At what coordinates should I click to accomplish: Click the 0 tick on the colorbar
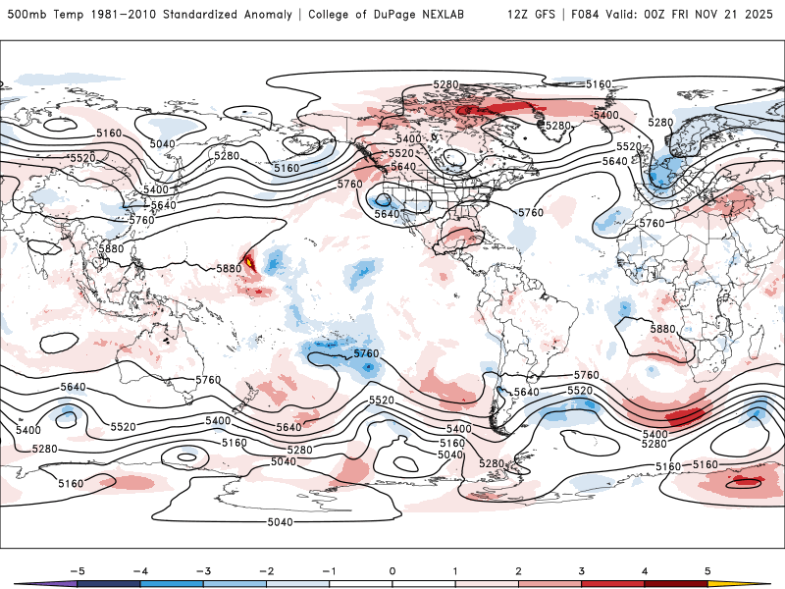pyautogui.click(x=392, y=570)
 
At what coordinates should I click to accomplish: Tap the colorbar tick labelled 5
pyautogui.click(x=707, y=570)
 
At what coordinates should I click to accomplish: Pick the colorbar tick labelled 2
pyautogui.click(x=518, y=570)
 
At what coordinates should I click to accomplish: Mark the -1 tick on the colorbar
pyautogui.click(x=329, y=570)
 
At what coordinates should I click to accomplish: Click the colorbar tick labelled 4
pyautogui.click(x=645, y=570)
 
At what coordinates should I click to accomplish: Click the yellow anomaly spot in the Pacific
pyautogui.click(x=250, y=262)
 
